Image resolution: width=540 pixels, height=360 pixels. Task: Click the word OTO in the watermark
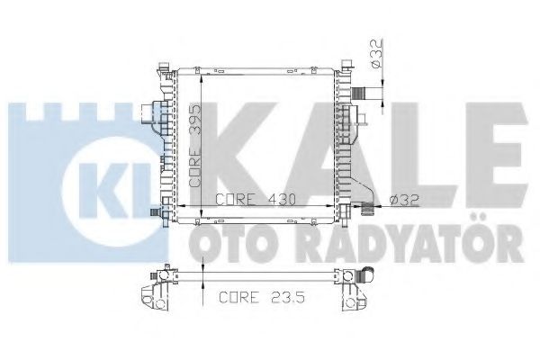[x=224, y=242]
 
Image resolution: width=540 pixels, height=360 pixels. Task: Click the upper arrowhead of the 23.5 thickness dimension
[x=204, y=268]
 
